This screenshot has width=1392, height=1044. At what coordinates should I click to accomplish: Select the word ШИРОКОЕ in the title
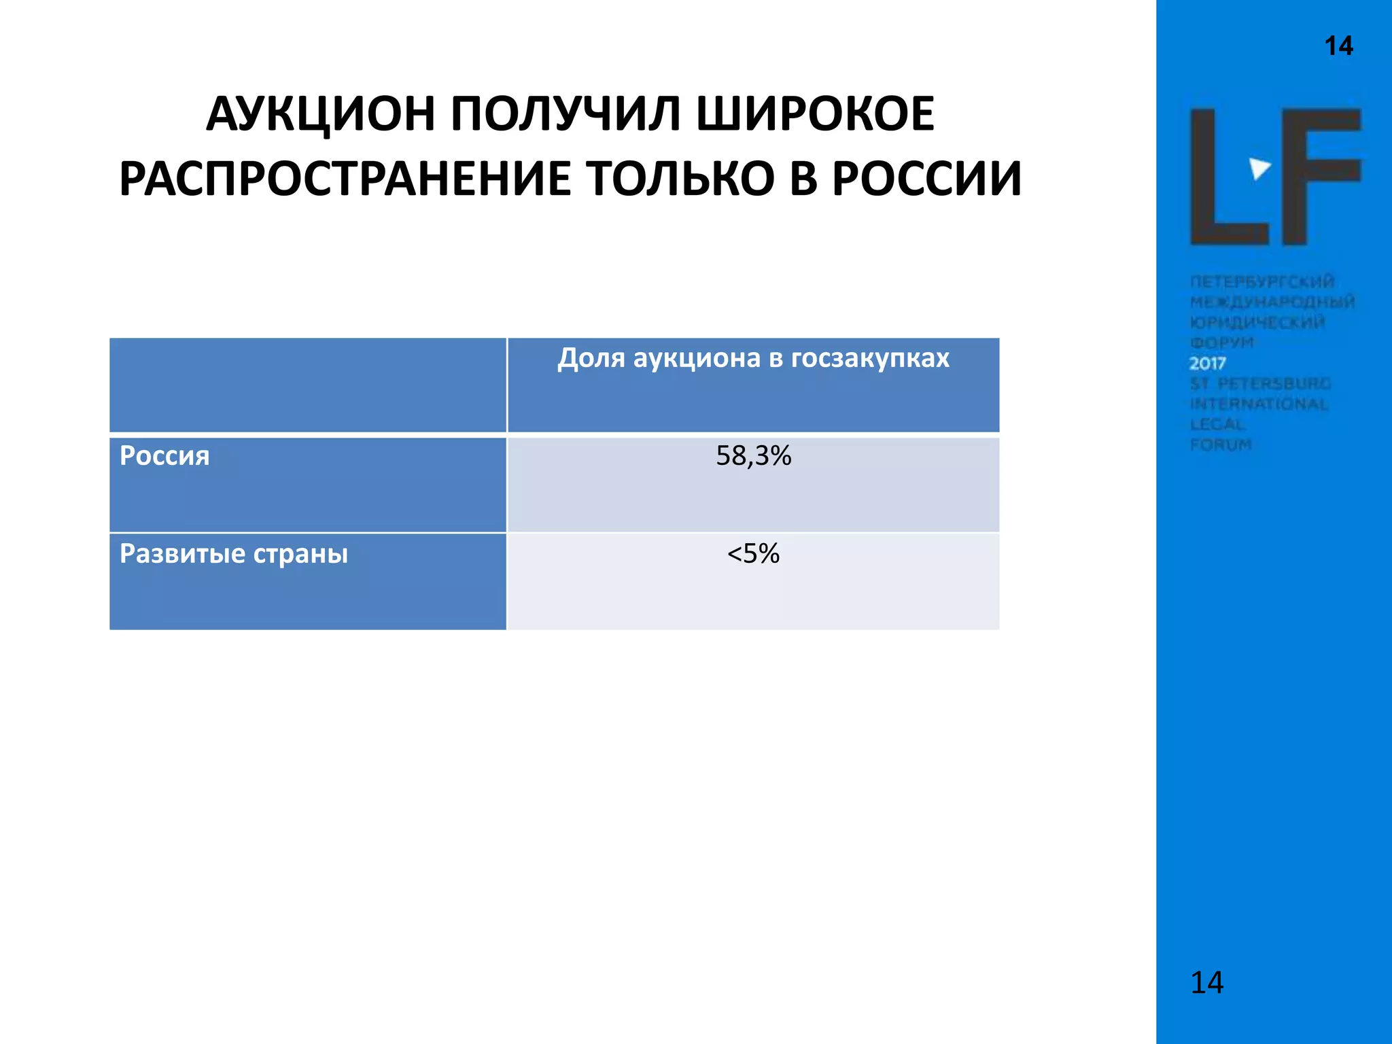816,114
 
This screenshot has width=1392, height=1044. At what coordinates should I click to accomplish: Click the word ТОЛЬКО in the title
680,179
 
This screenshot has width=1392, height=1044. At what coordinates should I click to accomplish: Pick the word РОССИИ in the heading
927,179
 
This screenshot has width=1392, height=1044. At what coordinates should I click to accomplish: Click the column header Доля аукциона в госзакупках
753,358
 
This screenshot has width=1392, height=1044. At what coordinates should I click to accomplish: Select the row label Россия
164,456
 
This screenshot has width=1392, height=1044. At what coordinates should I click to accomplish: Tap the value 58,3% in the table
753,456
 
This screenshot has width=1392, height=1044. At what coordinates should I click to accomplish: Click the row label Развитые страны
234,554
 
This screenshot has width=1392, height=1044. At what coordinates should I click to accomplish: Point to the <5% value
753,554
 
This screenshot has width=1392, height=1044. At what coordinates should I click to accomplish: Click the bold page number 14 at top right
1338,46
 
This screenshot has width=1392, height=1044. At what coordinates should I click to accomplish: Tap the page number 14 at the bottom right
1207,983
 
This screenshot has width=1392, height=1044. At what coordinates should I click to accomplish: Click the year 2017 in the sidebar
1208,363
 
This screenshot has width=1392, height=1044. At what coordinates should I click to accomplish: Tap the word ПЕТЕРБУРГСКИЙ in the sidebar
1262,281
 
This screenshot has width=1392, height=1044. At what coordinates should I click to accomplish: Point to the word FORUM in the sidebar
1221,445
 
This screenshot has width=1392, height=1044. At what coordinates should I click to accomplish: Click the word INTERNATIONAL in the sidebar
1259,404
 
